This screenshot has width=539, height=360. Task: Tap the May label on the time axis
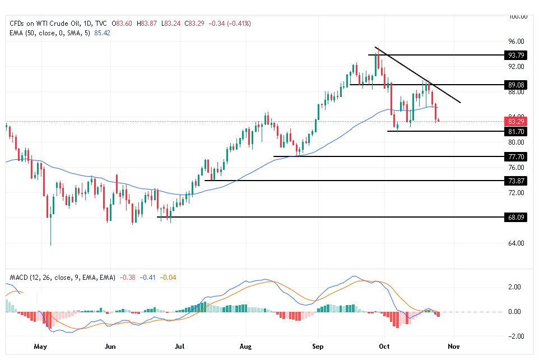[x=40, y=347]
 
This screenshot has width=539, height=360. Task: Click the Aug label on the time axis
[x=248, y=347]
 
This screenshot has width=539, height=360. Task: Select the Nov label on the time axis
[x=454, y=347]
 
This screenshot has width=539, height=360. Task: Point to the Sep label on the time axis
[x=317, y=347]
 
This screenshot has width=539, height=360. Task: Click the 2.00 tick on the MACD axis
[x=514, y=287]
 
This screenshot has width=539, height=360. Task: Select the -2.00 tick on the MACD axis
[x=514, y=336]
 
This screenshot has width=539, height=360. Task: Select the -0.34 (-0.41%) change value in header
[x=230, y=24]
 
